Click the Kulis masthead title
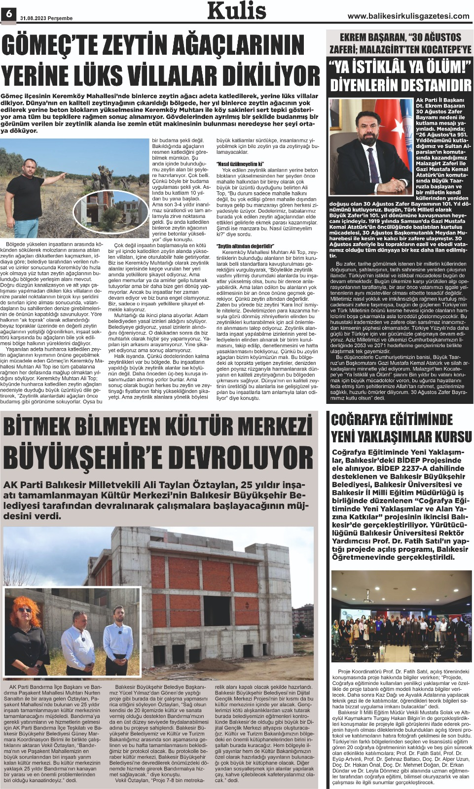pyautogui.click(x=237, y=11)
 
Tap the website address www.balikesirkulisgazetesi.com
pyautogui.click(x=408, y=16)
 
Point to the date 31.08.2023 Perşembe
pyautogui.click(x=46, y=18)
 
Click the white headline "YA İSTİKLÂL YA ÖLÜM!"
pyautogui.click(x=400, y=66)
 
